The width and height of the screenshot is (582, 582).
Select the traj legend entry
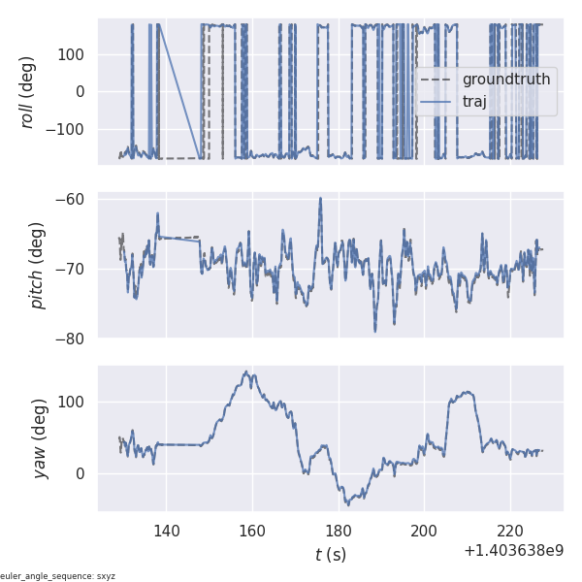(474, 101)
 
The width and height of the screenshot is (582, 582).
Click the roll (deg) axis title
(28, 91)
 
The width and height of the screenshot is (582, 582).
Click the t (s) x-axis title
(330, 555)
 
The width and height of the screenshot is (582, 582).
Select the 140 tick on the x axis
(167, 531)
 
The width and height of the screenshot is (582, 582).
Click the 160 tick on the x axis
(252, 531)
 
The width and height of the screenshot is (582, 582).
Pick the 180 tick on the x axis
(339, 531)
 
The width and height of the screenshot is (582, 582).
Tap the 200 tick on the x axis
(424, 531)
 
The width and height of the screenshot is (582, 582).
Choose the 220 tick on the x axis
(510, 531)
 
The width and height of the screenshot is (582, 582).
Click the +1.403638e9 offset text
(513, 551)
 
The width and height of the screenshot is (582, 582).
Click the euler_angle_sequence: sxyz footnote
(58, 576)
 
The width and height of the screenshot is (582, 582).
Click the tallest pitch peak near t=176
(320, 198)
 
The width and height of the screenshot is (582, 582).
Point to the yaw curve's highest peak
(247, 372)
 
